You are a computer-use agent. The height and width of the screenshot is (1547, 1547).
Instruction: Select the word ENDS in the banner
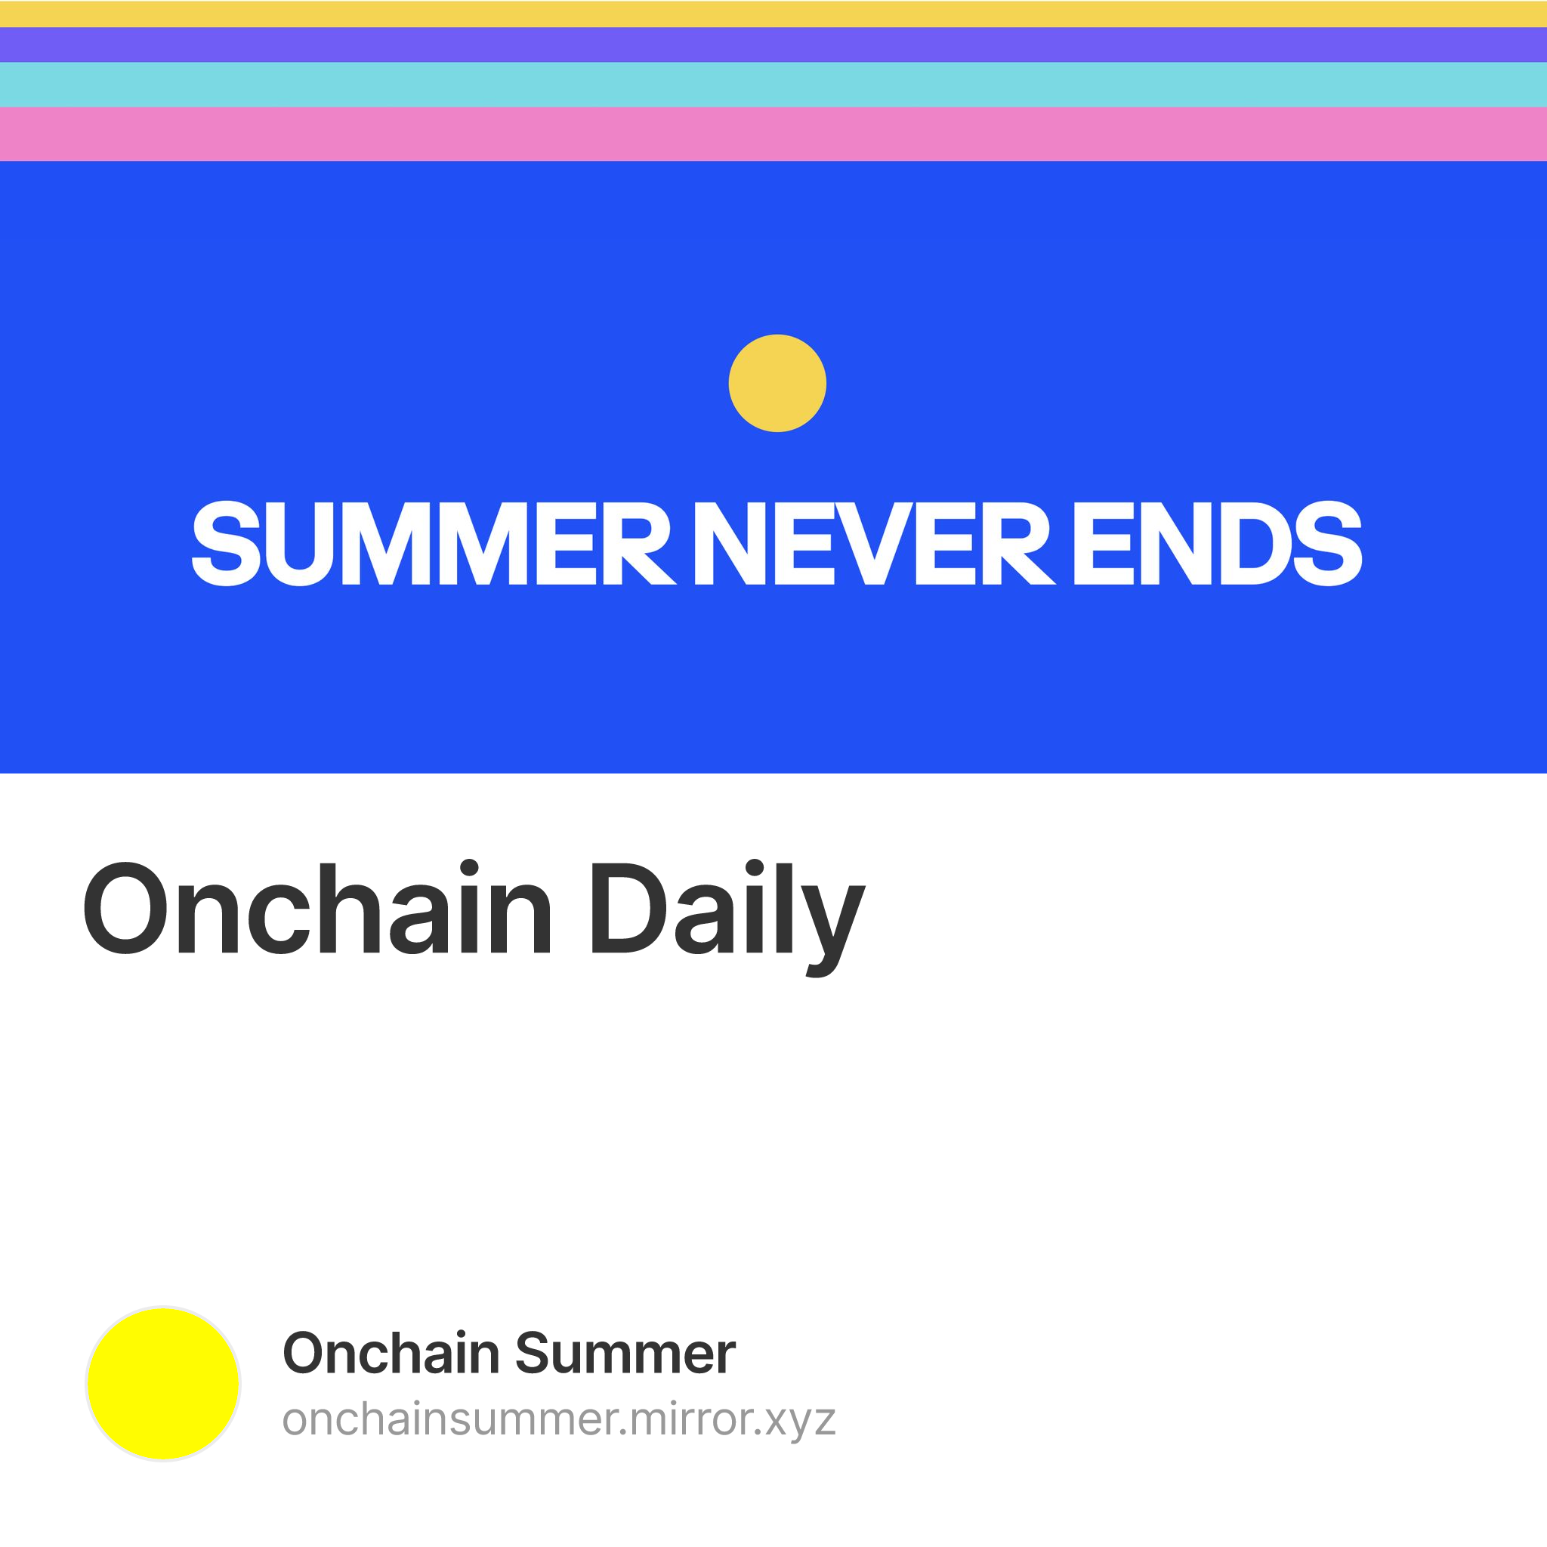coord(1216,543)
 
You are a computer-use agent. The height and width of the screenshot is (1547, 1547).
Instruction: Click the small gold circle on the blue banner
coord(777,383)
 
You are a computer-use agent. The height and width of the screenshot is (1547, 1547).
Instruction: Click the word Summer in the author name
coord(625,1354)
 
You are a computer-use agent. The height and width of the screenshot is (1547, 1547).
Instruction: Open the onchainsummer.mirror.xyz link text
coord(559,1419)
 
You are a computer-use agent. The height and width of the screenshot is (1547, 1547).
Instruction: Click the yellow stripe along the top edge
coord(773,14)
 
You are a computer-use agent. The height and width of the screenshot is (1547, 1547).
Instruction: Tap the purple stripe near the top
coord(773,45)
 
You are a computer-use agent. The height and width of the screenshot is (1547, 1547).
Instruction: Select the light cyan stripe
coord(773,84)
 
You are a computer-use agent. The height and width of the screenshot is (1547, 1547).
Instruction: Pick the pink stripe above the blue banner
coord(773,134)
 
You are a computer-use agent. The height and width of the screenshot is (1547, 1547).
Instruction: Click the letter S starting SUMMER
coord(227,543)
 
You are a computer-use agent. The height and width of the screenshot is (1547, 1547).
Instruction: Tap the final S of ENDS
coord(1328,543)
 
